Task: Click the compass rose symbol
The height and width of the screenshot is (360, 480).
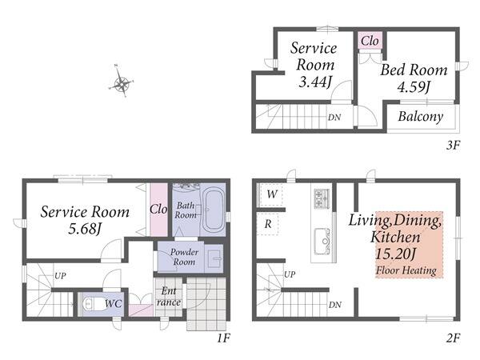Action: (x=122, y=82)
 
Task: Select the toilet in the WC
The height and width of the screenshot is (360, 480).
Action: (x=93, y=304)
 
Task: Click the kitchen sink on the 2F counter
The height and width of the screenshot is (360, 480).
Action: (x=322, y=242)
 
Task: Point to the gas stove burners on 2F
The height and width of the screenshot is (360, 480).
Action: (x=322, y=198)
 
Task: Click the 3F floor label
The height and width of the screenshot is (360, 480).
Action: (x=453, y=145)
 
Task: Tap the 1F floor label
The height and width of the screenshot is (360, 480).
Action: (x=223, y=338)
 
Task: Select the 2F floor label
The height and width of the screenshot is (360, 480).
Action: (x=453, y=338)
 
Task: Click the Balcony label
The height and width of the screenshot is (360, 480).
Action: (x=421, y=116)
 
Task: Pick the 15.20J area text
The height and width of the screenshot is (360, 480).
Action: (x=396, y=254)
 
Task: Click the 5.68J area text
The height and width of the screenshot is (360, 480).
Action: (x=85, y=228)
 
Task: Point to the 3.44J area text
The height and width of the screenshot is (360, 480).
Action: (x=315, y=82)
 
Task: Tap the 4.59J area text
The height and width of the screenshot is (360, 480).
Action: (x=414, y=86)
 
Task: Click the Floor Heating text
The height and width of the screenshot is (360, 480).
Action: (x=406, y=270)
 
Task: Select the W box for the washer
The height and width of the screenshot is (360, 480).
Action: (x=271, y=194)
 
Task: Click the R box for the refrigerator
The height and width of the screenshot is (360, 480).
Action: (x=267, y=224)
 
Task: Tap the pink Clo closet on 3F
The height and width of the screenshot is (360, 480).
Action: (x=370, y=41)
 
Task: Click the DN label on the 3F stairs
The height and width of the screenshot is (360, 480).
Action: (x=334, y=118)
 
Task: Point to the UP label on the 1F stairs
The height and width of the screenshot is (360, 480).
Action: (x=60, y=275)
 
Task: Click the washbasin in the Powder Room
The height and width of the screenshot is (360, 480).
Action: (x=214, y=258)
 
